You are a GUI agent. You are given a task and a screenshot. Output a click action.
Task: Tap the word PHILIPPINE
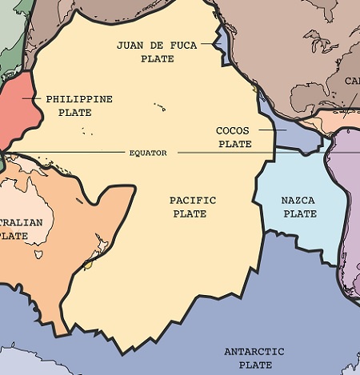pos(79,99)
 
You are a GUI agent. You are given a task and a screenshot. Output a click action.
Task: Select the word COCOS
pos(234,130)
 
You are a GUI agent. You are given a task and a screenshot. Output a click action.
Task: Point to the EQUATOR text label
pos(148,152)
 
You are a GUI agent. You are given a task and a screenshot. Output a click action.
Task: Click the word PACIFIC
pos(193,200)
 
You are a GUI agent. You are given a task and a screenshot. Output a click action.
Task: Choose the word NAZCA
pos(299,200)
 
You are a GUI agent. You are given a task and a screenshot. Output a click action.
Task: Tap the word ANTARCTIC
pos(254,352)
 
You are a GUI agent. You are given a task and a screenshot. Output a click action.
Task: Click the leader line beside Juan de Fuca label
pos(210,45)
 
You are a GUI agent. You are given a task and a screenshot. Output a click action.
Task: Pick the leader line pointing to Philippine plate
pos(30,99)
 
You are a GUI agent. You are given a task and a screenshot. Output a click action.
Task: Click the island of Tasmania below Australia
pos(38,254)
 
